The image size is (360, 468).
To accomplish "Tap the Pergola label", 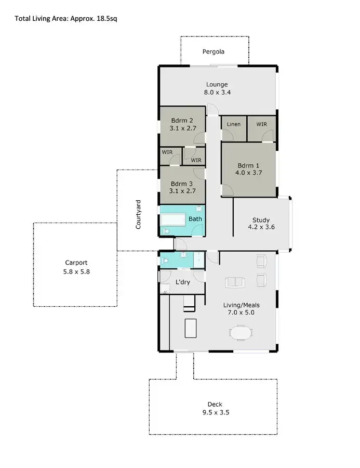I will click(214, 52).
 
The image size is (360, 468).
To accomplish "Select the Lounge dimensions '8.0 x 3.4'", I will click(217, 93).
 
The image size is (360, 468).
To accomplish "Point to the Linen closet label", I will click(234, 125).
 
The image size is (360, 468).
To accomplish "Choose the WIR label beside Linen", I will click(261, 125).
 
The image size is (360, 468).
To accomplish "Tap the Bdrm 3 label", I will click(182, 184).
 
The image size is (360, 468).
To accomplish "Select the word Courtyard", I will click(139, 214).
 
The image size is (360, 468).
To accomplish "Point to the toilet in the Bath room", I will click(166, 231).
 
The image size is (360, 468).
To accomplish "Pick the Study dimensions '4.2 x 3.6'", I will click(260, 227).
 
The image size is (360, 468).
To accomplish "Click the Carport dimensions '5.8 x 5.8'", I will click(76, 271).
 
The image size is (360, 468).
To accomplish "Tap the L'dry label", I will click(183, 282).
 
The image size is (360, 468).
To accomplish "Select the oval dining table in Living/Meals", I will click(241, 332).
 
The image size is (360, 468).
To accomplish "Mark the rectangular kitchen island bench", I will click(191, 328).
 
